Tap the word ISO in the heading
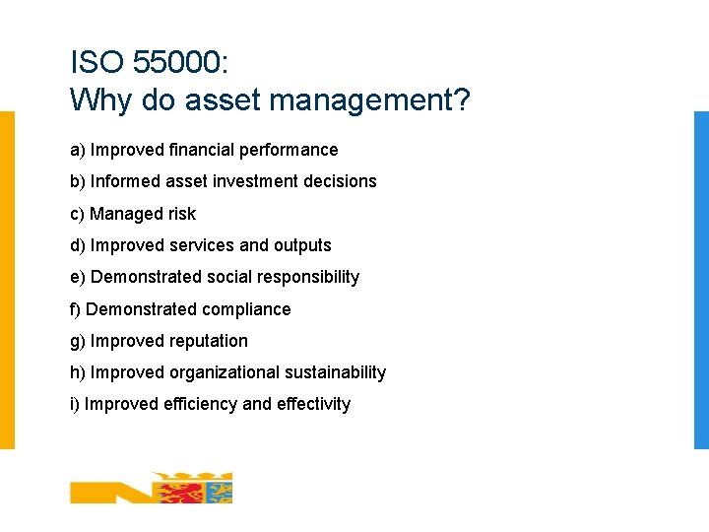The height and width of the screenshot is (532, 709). coord(97,64)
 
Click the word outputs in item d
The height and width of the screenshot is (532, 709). coord(302,245)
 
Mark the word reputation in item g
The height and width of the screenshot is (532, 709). coord(209,341)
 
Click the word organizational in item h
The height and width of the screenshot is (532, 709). coord(225,372)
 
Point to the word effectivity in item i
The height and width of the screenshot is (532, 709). coord(313,404)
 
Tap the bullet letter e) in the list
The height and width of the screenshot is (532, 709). coord(77,277)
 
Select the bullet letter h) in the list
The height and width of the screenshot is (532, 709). coord(78,372)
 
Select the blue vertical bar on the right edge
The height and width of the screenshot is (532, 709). coord(701,280)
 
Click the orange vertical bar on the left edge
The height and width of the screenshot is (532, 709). coord(7,280)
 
